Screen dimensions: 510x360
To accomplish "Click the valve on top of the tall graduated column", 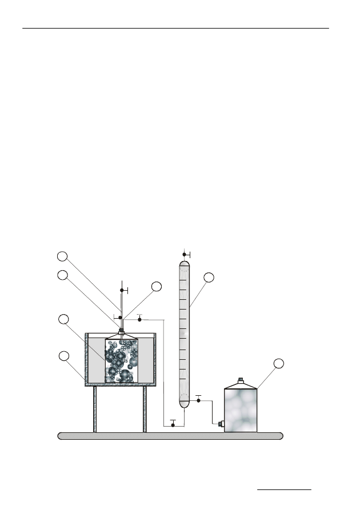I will point(185,254).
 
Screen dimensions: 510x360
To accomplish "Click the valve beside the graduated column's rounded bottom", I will point(198,400).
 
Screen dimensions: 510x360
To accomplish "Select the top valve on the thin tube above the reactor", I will point(121,291).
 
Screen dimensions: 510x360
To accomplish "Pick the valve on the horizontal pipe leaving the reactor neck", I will point(139,319).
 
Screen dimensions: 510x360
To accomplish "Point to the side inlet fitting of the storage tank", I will point(220,424).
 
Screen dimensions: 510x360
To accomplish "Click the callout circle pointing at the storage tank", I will point(278,364).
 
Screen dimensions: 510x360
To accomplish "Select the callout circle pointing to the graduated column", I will point(209,278).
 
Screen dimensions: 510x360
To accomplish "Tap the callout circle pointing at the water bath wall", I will point(65,357).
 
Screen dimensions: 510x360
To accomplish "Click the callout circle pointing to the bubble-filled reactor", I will point(64,319).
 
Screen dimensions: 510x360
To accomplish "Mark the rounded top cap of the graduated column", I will point(183,264).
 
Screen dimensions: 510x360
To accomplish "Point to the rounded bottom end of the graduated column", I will point(183,403).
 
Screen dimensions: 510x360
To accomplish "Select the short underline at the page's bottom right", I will point(285,489).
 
